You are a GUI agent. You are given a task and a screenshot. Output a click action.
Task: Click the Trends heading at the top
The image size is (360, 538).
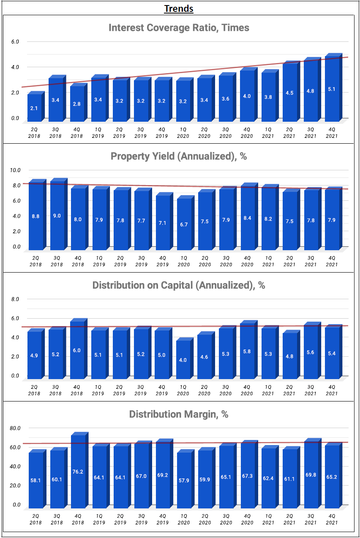[179, 8]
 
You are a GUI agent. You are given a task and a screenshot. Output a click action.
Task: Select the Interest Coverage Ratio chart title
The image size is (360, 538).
[179, 28]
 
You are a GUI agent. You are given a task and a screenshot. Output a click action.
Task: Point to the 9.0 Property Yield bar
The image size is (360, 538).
[57, 216]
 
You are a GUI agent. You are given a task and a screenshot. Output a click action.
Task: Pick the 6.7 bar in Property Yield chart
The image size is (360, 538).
[183, 224]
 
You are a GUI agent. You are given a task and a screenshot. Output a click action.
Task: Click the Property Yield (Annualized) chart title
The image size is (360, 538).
[179, 156]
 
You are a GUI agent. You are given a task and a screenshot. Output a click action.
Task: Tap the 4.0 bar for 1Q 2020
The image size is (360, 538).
[183, 359]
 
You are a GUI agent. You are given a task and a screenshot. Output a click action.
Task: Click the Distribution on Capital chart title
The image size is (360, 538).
[179, 285]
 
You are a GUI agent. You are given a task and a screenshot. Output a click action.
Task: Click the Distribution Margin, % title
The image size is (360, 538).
[179, 414]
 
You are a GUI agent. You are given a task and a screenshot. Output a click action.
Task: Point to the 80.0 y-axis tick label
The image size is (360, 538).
[15, 428]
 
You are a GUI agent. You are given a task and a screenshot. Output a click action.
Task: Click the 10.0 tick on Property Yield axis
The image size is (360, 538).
[15, 170]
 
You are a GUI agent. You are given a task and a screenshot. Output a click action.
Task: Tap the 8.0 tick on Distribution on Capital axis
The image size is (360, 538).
[15, 299]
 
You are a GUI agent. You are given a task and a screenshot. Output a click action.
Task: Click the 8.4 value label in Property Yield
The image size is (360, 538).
[247, 218]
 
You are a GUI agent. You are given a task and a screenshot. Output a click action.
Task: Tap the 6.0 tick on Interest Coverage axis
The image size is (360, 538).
[15, 41]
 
